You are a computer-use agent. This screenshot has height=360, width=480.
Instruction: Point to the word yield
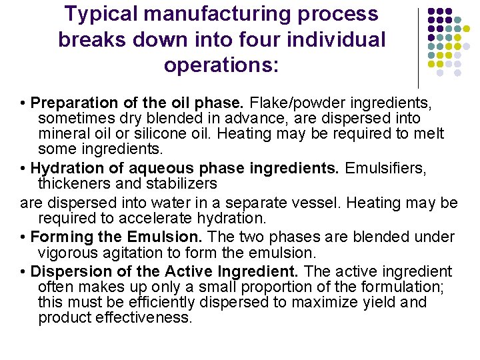point(381,302)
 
